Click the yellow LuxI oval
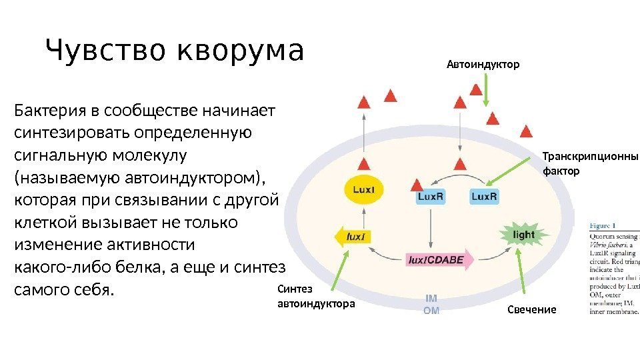(x=363, y=189)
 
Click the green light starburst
(x=523, y=234)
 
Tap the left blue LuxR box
(x=431, y=197)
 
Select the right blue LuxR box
(x=484, y=197)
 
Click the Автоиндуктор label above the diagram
(x=482, y=65)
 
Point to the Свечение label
(x=531, y=310)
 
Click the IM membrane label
(x=431, y=300)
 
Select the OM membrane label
(x=431, y=310)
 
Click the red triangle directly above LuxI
(x=363, y=165)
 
